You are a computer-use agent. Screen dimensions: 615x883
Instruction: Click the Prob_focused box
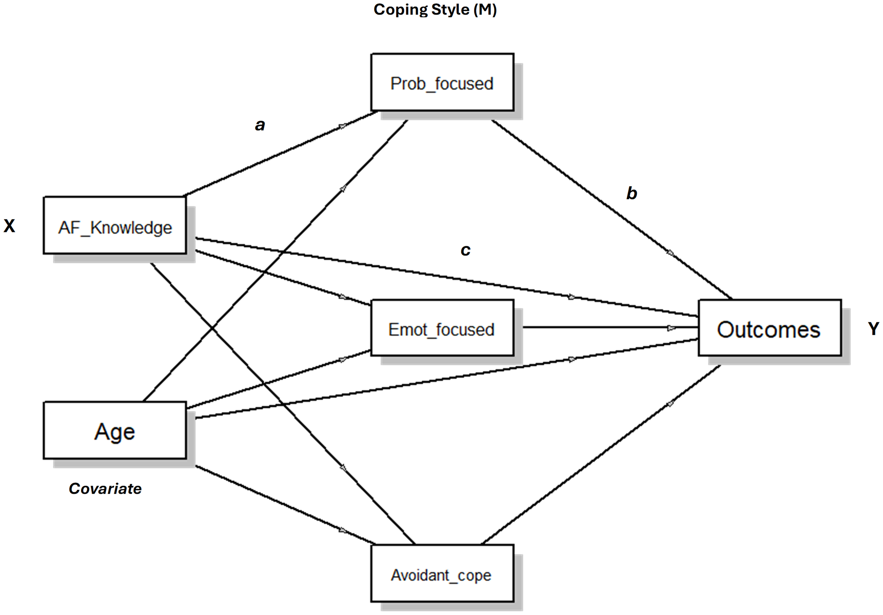point(442,82)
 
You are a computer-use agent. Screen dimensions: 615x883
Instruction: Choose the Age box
point(114,430)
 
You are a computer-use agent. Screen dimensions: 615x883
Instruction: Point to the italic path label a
point(260,125)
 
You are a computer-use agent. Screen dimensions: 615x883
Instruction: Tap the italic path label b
point(632,193)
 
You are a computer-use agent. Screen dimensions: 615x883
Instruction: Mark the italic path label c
point(466,250)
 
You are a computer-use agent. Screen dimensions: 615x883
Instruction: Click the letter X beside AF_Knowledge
point(9,226)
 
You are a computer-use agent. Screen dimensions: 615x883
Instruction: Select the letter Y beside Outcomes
point(873,329)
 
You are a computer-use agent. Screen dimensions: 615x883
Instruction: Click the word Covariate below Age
point(105,489)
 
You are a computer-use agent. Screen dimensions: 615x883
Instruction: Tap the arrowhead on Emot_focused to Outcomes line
point(671,328)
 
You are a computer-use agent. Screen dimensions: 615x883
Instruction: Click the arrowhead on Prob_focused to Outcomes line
point(671,253)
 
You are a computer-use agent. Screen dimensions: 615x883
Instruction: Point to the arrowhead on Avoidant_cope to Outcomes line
point(670,404)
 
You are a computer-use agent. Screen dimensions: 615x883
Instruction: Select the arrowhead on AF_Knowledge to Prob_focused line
point(342,126)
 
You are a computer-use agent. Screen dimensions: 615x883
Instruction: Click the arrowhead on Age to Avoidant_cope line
point(343,530)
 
